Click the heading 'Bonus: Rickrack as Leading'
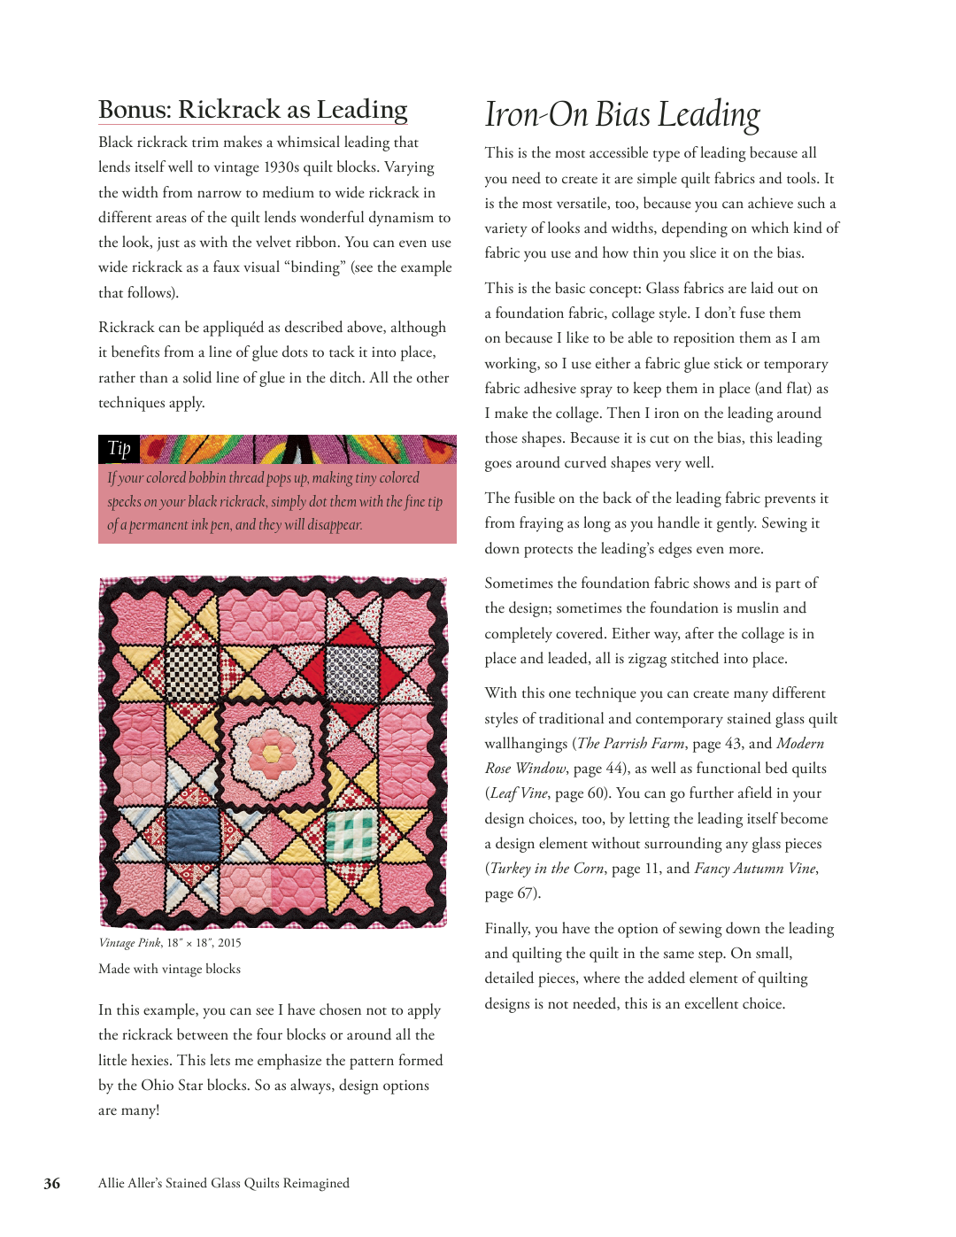252,110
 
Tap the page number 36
52,1183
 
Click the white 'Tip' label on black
119,448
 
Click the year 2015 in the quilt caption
229,943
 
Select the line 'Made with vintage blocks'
169,969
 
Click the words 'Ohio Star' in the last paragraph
173,1086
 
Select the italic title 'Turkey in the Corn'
547,869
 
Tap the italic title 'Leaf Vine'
519,793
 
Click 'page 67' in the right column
508,893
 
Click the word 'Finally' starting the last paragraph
507,929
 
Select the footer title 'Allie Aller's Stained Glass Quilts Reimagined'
224,1183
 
